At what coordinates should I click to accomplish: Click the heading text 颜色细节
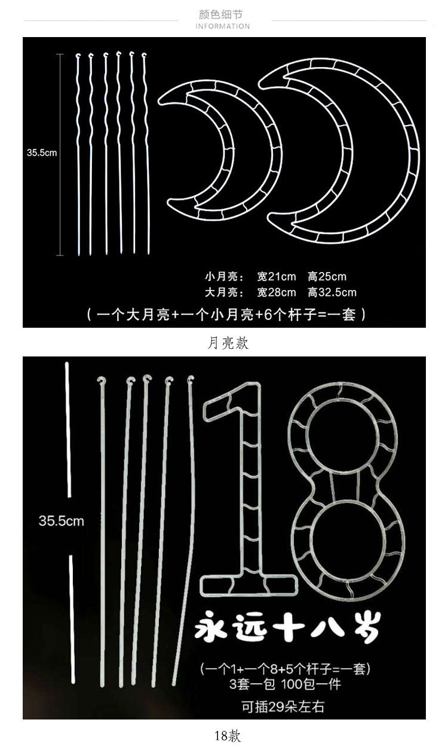pyautogui.click(x=223, y=14)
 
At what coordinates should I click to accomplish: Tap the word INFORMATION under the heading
pyautogui.click(x=223, y=26)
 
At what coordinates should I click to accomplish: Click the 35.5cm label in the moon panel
pyautogui.click(x=42, y=153)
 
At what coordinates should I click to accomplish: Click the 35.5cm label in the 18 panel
pyautogui.click(x=61, y=521)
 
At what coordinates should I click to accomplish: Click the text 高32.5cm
pyautogui.click(x=332, y=292)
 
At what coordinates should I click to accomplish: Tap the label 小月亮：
pyautogui.click(x=224, y=276)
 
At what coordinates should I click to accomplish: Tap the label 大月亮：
pyautogui.click(x=224, y=292)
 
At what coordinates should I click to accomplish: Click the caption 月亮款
pyautogui.click(x=228, y=343)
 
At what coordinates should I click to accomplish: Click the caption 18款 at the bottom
pyautogui.click(x=228, y=736)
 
